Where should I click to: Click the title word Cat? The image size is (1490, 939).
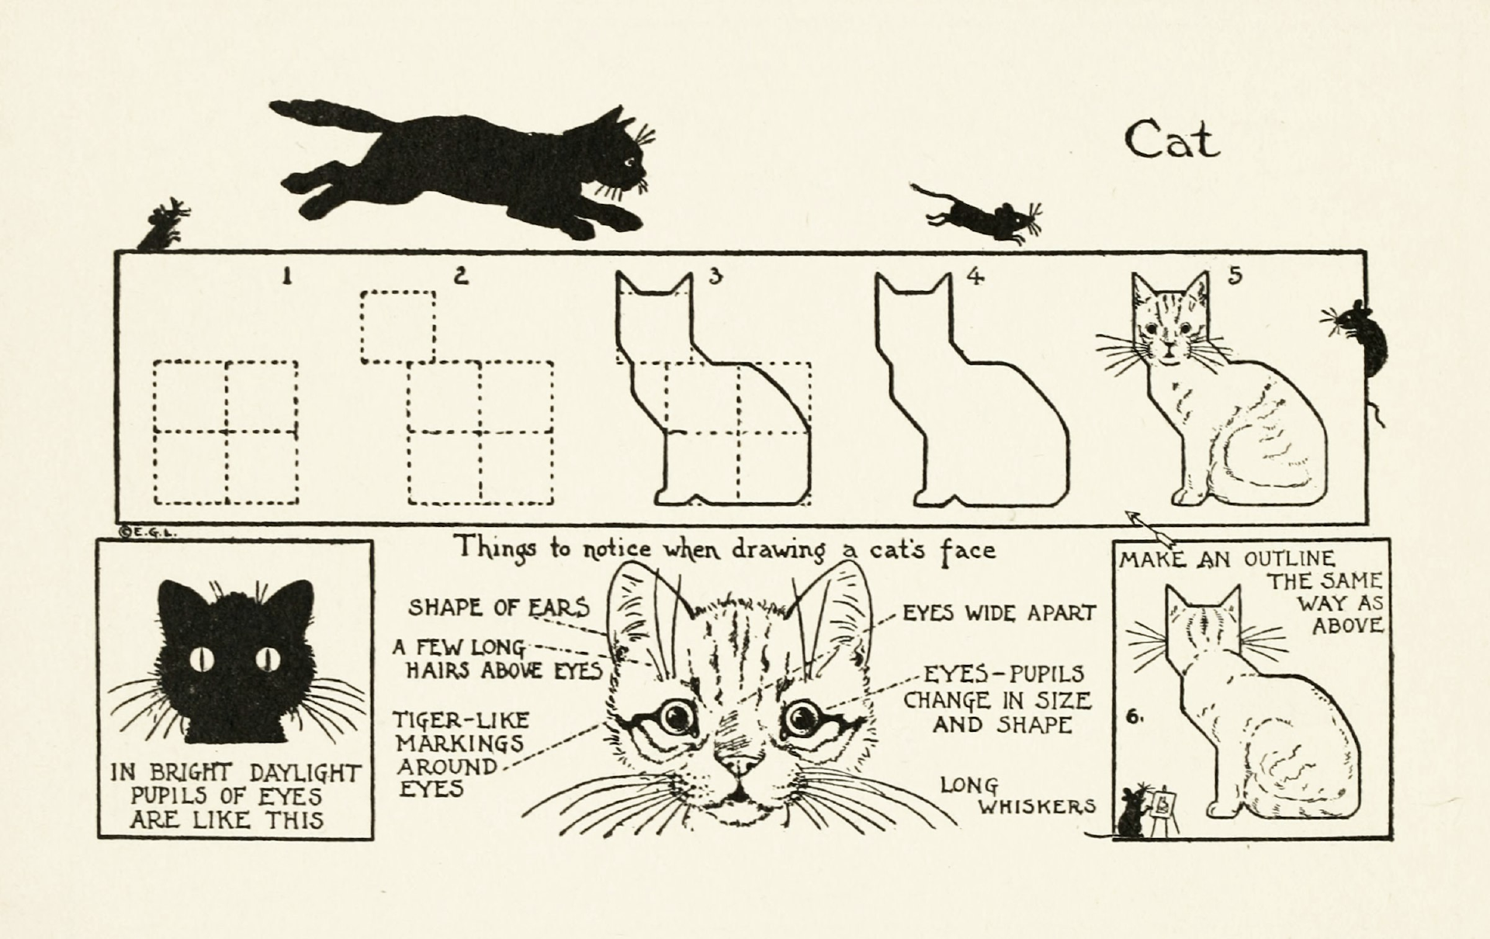point(1172,140)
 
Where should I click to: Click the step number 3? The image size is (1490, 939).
point(715,275)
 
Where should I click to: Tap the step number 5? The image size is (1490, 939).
point(1235,275)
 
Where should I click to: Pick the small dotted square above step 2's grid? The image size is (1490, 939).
point(398,327)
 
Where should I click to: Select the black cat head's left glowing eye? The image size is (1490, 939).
point(202,659)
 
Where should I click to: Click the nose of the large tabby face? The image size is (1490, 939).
point(741,764)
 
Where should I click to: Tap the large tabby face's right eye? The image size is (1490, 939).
point(802,718)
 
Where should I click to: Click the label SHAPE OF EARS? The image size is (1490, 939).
point(499,607)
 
